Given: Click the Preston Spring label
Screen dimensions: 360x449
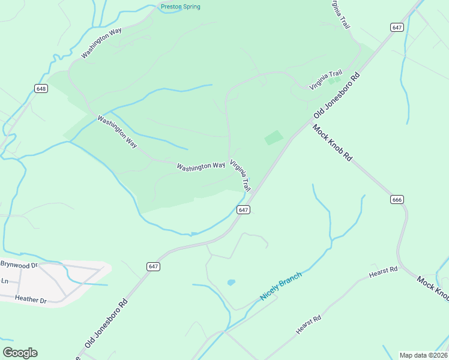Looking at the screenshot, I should (180, 7).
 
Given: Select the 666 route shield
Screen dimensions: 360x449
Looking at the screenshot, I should (397, 200).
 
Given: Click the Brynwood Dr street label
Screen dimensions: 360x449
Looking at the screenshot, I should (19, 264).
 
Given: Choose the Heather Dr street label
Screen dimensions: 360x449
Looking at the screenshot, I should (31, 299).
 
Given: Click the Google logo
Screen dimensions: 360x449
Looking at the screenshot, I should (20, 353).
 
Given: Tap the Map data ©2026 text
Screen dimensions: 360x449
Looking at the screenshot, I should (423, 355).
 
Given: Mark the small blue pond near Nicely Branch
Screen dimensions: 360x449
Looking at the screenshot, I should (231, 282).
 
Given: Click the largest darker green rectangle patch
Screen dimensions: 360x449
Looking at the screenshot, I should (274, 137).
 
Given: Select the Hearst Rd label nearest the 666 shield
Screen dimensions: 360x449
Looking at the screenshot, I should (383, 272).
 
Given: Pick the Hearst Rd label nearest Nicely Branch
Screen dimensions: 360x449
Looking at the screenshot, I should (309, 325).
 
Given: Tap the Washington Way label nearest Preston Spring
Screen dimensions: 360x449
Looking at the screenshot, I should (103, 44).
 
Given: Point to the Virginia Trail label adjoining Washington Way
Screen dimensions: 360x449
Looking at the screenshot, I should (240, 175).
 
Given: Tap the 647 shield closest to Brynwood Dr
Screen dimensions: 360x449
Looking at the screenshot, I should (153, 266).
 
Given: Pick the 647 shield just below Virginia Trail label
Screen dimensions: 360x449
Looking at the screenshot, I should (243, 209).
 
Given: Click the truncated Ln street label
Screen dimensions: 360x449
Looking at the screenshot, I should (5, 281).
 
